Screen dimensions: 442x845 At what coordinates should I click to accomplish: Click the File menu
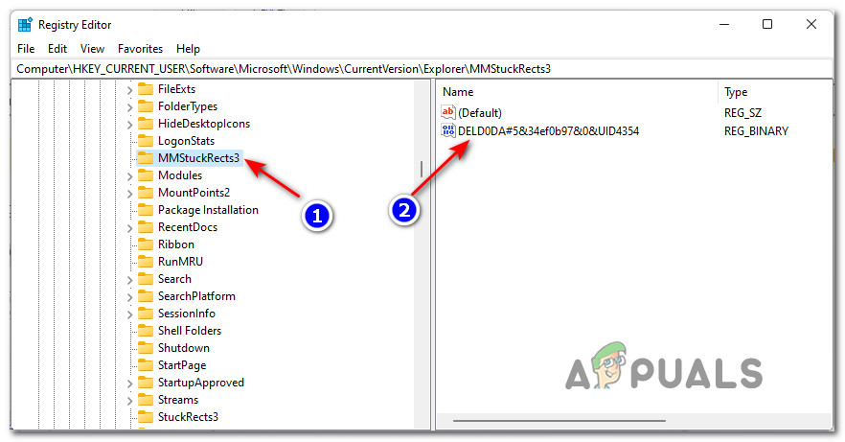26,48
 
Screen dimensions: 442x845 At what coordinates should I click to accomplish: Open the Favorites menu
140,48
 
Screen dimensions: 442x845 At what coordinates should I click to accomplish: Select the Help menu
188,48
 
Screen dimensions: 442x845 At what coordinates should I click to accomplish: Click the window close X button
811,24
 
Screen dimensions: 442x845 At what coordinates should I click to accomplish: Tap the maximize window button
766,24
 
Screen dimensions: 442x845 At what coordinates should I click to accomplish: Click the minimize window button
722,24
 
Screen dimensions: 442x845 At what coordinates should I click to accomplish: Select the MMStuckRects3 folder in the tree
198,158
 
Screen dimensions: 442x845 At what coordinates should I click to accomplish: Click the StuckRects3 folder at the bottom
188,417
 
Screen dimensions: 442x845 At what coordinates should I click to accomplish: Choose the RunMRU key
180,262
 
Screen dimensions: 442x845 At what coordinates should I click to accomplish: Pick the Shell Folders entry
190,331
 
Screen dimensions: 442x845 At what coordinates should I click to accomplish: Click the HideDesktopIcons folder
204,124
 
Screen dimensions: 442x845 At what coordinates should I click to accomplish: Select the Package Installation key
208,210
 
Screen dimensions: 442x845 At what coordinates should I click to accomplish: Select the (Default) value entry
479,113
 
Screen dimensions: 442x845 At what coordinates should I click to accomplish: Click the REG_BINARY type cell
756,130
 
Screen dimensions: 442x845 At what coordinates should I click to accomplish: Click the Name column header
458,92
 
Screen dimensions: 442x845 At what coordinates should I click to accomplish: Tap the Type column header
736,92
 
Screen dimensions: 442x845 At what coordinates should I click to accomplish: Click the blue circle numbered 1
316,217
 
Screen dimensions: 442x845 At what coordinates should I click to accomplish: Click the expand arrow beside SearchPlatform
129,296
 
